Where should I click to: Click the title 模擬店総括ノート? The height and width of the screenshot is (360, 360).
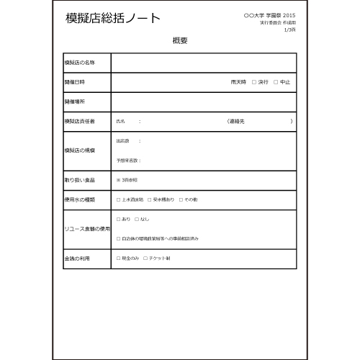(x=113, y=18)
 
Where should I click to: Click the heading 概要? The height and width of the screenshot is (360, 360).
(x=180, y=41)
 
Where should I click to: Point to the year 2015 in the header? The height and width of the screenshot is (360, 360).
(x=289, y=15)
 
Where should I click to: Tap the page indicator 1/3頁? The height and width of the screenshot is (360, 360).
(x=289, y=30)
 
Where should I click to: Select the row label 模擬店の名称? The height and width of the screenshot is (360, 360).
(x=79, y=63)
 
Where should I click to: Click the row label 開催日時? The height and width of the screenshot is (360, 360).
(x=74, y=82)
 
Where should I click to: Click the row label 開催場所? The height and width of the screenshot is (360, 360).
(x=74, y=102)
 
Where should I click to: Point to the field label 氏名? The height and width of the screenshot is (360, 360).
(x=121, y=121)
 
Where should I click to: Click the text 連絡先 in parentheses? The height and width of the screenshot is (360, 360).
(x=236, y=121)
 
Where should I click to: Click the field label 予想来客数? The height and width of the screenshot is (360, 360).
(x=127, y=160)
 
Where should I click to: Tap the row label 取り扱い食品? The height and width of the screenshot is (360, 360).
(x=79, y=179)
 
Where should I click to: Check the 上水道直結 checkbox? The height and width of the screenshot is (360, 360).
(x=118, y=199)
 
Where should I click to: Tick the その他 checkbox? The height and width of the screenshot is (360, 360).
(x=179, y=199)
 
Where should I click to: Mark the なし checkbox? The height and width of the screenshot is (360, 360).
(x=137, y=219)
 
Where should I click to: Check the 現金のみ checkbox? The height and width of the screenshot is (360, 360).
(x=118, y=257)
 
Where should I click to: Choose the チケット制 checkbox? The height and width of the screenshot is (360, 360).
(x=145, y=257)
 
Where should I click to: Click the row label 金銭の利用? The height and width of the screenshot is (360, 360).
(x=77, y=257)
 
